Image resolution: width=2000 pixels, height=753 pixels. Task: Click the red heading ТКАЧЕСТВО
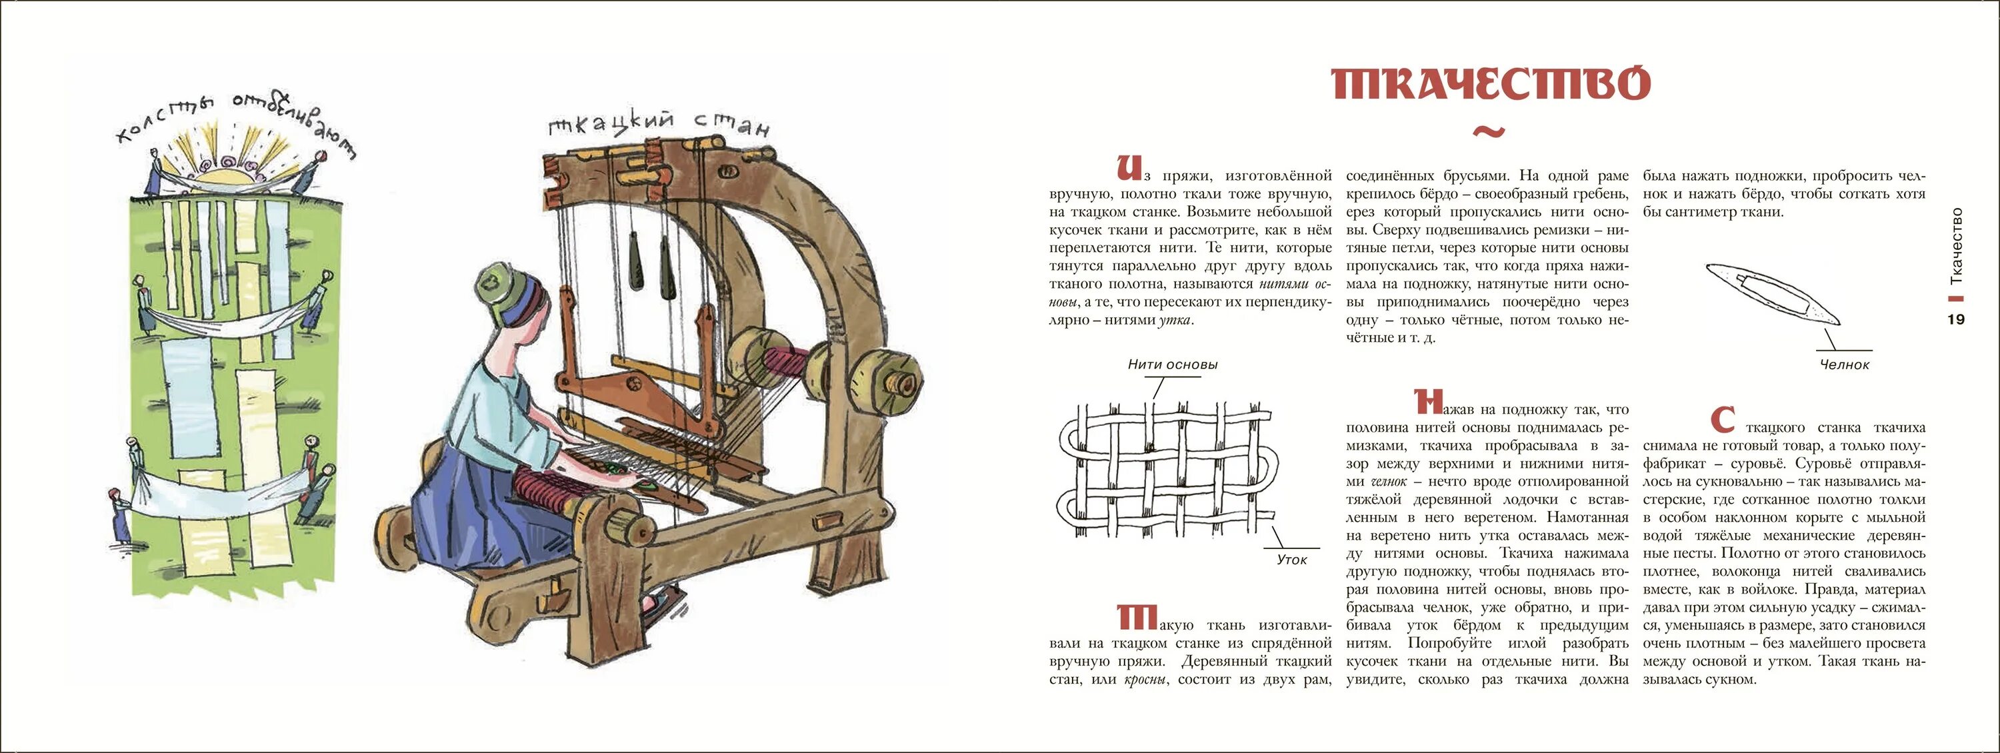[x=1490, y=84]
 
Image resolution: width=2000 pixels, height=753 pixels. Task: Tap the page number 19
[x=1957, y=319]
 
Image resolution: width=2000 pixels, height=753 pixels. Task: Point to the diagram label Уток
[x=1292, y=560]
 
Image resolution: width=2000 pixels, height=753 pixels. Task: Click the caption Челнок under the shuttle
[x=1845, y=364]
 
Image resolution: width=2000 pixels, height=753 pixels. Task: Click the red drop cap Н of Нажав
[x=1428, y=401]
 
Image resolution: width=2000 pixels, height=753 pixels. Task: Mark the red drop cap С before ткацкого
[x=1723, y=420]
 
